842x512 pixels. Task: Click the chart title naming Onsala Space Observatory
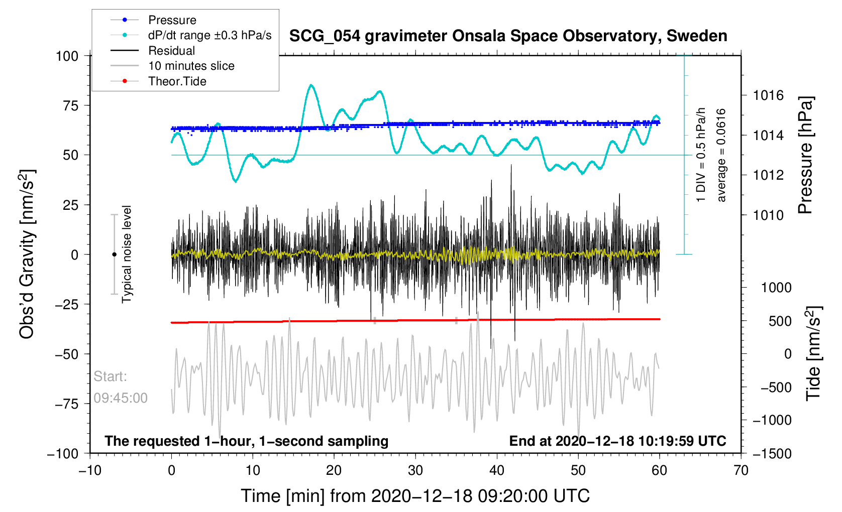508,36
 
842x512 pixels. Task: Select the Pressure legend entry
172,20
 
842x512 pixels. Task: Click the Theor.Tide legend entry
177,81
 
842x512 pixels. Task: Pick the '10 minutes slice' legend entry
191,66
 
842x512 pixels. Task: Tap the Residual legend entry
171,51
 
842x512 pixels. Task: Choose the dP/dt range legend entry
209,35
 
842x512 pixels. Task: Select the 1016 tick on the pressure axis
768,95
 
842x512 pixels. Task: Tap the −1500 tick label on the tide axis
772,453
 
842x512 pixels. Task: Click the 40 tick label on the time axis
497,470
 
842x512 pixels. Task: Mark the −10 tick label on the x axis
90,470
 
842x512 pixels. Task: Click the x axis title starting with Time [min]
415,496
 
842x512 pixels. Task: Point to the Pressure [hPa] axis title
805,155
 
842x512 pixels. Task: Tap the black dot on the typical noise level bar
114,254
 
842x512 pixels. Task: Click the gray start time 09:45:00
121,398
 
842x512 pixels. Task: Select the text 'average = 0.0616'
721,155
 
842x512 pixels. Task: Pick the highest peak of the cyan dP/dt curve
311,85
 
